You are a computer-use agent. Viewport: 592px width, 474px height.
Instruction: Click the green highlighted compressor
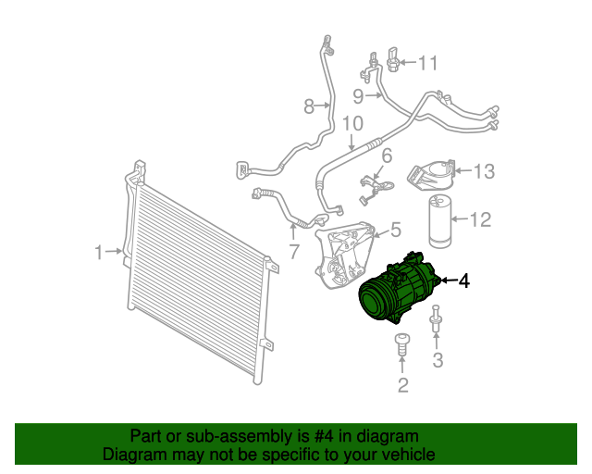(x=399, y=289)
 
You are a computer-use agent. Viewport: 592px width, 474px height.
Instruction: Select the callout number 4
(x=464, y=281)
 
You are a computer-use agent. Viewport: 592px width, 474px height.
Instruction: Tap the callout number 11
(x=428, y=63)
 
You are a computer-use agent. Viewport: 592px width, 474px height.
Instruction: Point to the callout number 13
(x=484, y=171)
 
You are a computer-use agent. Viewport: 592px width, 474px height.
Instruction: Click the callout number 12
(x=480, y=219)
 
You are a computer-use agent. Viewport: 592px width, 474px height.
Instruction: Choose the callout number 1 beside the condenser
(x=99, y=252)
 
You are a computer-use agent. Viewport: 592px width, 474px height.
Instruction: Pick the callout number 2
(x=403, y=385)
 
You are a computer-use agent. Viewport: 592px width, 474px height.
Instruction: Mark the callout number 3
(x=438, y=359)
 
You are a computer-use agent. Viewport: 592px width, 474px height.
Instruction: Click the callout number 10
(x=352, y=123)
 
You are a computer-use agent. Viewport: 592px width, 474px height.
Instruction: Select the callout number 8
(x=309, y=106)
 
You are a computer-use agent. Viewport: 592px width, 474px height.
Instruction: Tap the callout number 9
(x=358, y=96)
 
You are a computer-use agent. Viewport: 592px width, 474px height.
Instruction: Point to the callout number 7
(x=294, y=252)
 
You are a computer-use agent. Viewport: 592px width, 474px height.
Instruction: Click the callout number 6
(x=387, y=156)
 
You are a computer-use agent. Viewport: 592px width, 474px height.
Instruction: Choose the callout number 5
(x=396, y=230)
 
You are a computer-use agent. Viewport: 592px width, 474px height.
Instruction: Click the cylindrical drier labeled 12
(x=440, y=221)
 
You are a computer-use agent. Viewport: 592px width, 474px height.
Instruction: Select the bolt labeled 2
(x=402, y=344)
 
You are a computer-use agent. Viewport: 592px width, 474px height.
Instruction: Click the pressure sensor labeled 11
(x=393, y=60)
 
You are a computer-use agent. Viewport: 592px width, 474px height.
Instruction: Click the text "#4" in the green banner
(x=324, y=437)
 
